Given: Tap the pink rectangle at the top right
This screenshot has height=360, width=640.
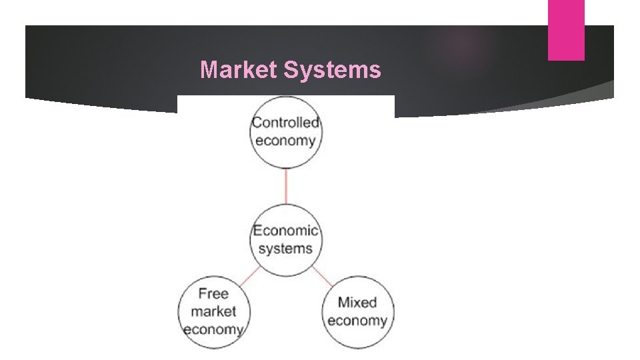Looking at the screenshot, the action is click(566, 30).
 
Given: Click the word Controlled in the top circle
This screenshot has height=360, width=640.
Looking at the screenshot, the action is click(285, 123).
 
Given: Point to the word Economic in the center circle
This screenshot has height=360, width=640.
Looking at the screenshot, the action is click(285, 231).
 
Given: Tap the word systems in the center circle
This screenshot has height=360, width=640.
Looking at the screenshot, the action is click(285, 249).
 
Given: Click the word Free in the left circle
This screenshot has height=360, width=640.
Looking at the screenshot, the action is click(213, 293).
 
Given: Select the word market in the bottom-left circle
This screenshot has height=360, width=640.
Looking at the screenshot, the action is click(213, 311).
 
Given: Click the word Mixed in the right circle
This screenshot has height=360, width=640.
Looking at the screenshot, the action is click(357, 303).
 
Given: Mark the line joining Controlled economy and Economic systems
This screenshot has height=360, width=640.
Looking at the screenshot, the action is click(286, 186).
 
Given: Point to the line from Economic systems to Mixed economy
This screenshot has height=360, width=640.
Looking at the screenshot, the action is click(323, 277).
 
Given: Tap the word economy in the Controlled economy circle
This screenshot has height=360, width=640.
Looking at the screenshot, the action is click(285, 141).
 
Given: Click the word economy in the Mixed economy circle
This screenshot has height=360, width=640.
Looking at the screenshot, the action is click(357, 321).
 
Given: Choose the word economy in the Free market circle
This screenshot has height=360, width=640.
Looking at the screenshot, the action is click(213, 329).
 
